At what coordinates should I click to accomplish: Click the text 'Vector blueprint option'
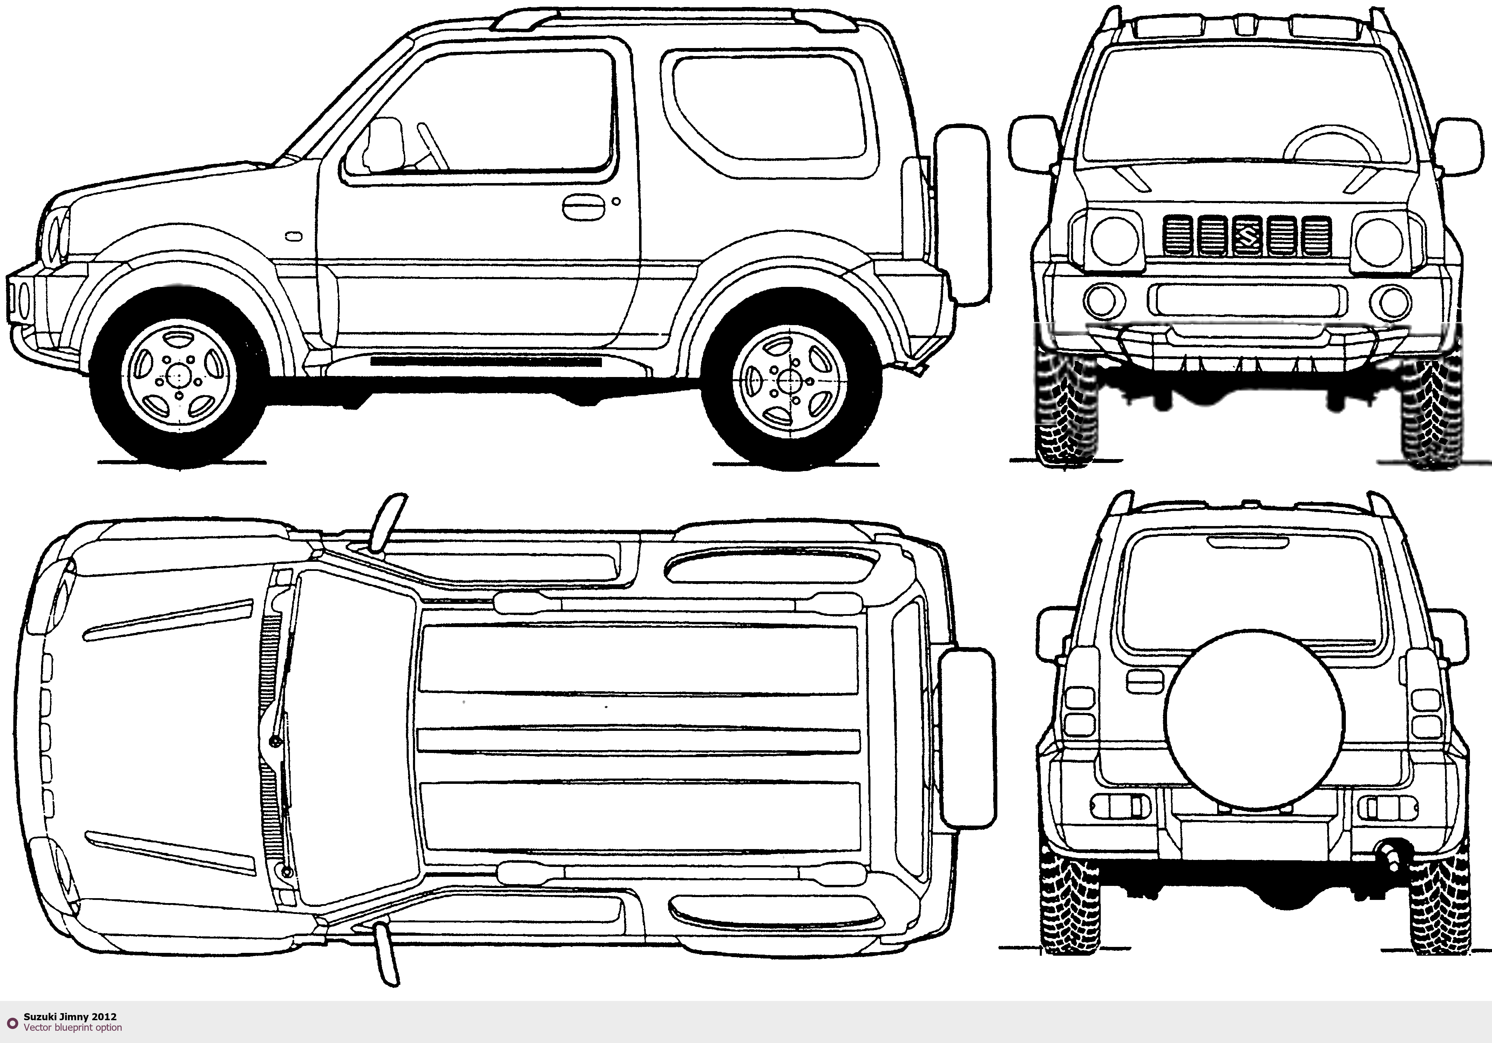pos(73,1028)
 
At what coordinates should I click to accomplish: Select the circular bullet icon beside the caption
pos(12,1023)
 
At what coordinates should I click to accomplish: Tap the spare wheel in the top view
pos(967,738)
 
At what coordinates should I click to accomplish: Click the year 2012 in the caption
pos(104,1016)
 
